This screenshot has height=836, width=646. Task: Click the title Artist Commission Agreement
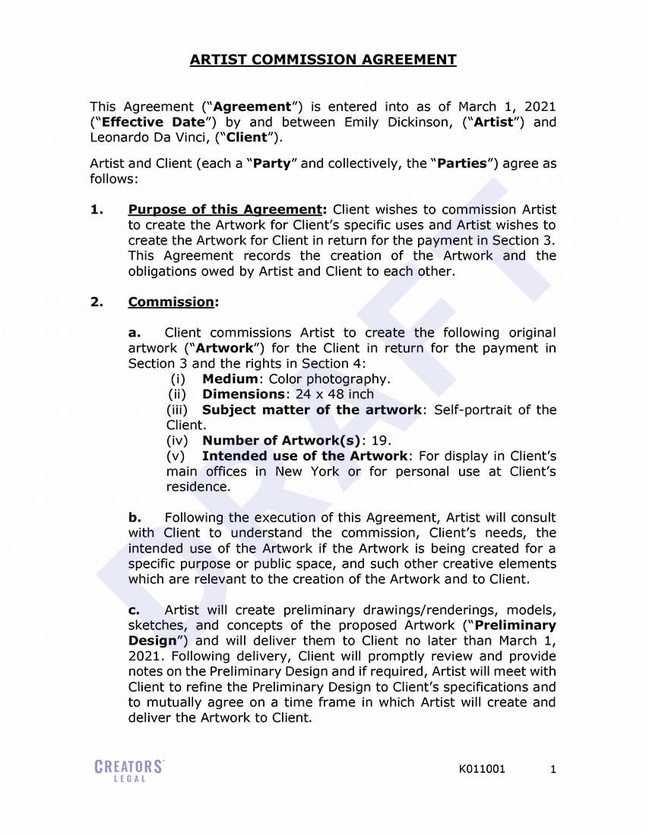[323, 59]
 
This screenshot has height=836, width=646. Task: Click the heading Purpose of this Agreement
[226, 210]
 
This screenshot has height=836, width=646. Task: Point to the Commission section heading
[171, 302]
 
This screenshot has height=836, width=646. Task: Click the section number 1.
[96, 210]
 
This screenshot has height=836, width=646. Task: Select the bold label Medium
[230, 378]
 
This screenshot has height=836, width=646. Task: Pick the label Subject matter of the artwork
[312, 410]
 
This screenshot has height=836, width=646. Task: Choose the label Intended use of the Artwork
[305, 456]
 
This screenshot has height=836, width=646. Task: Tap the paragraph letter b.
[135, 518]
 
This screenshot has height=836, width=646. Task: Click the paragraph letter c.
[134, 610]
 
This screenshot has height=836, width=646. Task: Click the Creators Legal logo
[129, 770]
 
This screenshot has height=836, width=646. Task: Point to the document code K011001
[482, 769]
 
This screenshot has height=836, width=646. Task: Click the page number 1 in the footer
[553, 769]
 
